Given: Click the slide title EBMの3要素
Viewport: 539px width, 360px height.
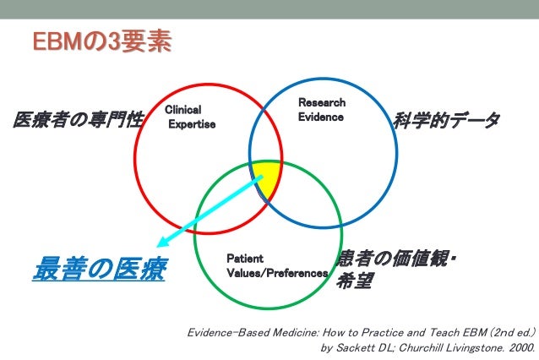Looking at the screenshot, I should click(x=101, y=41).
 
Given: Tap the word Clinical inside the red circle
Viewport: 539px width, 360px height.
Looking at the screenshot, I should click(x=182, y=110).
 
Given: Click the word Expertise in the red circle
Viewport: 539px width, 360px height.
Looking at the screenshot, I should click(x=193, y=124).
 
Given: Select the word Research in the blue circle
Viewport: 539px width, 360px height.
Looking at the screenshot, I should click(x=321, y=102).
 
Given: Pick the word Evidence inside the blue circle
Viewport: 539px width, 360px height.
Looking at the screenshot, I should click(x=320, y=117).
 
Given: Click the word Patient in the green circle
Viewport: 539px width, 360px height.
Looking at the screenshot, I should click(x=245, y=258).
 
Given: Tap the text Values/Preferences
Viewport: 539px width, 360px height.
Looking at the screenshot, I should click(x=277, y=273).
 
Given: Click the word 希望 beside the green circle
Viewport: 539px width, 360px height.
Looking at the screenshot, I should click(x=353, y=281).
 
